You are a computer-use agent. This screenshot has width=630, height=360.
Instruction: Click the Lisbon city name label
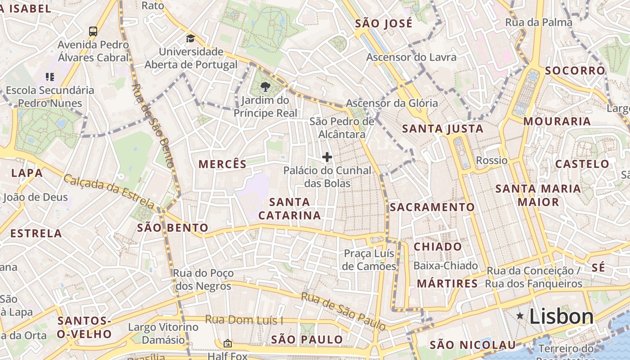click(561, 316)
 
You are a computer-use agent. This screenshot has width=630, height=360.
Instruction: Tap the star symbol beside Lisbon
click(520, 316)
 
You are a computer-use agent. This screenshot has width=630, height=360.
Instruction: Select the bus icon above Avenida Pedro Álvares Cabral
click(93, 31)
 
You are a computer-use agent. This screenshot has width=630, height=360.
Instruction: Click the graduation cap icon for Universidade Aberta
click(190, 38)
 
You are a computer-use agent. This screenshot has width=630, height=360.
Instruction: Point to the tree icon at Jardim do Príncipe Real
click(265, 87)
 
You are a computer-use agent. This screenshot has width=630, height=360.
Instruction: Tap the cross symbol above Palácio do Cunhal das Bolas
click(327, 157)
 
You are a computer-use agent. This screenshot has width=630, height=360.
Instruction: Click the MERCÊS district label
click(223, 164)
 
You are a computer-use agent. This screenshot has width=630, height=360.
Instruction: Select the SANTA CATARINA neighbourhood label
click(290, 208)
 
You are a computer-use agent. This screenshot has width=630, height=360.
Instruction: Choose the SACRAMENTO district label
click(432, 207)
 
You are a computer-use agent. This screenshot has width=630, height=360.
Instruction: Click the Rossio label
click(491, 160)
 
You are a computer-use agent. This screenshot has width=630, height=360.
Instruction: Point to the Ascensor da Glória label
click(391, 103)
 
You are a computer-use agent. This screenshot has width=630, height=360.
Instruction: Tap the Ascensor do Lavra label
click(411, 57)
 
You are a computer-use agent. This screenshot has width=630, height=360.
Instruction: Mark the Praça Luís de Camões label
click(369, 260)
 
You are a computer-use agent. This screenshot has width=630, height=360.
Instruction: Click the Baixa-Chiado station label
click(445, 265)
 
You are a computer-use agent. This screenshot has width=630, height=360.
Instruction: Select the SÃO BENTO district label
click(173, 228)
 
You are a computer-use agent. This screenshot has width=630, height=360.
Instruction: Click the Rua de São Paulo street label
click(343, 311)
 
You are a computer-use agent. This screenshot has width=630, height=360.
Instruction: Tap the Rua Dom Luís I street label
click(244, 320)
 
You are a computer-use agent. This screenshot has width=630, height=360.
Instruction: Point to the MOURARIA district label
click(557, 121)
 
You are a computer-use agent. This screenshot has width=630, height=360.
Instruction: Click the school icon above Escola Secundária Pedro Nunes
click(49, 77)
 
